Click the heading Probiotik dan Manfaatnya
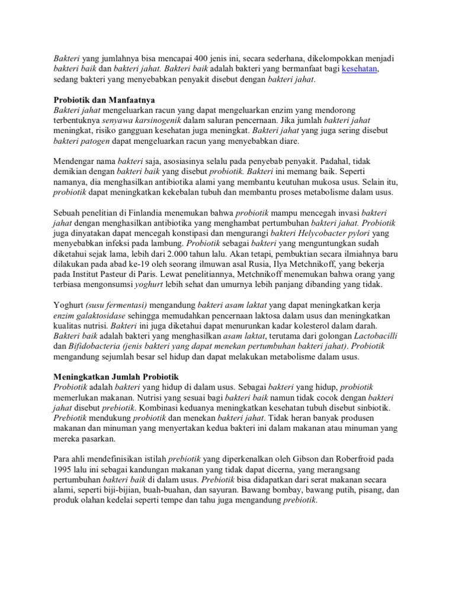[x=105, y=99]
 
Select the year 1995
[x=65, y=470]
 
